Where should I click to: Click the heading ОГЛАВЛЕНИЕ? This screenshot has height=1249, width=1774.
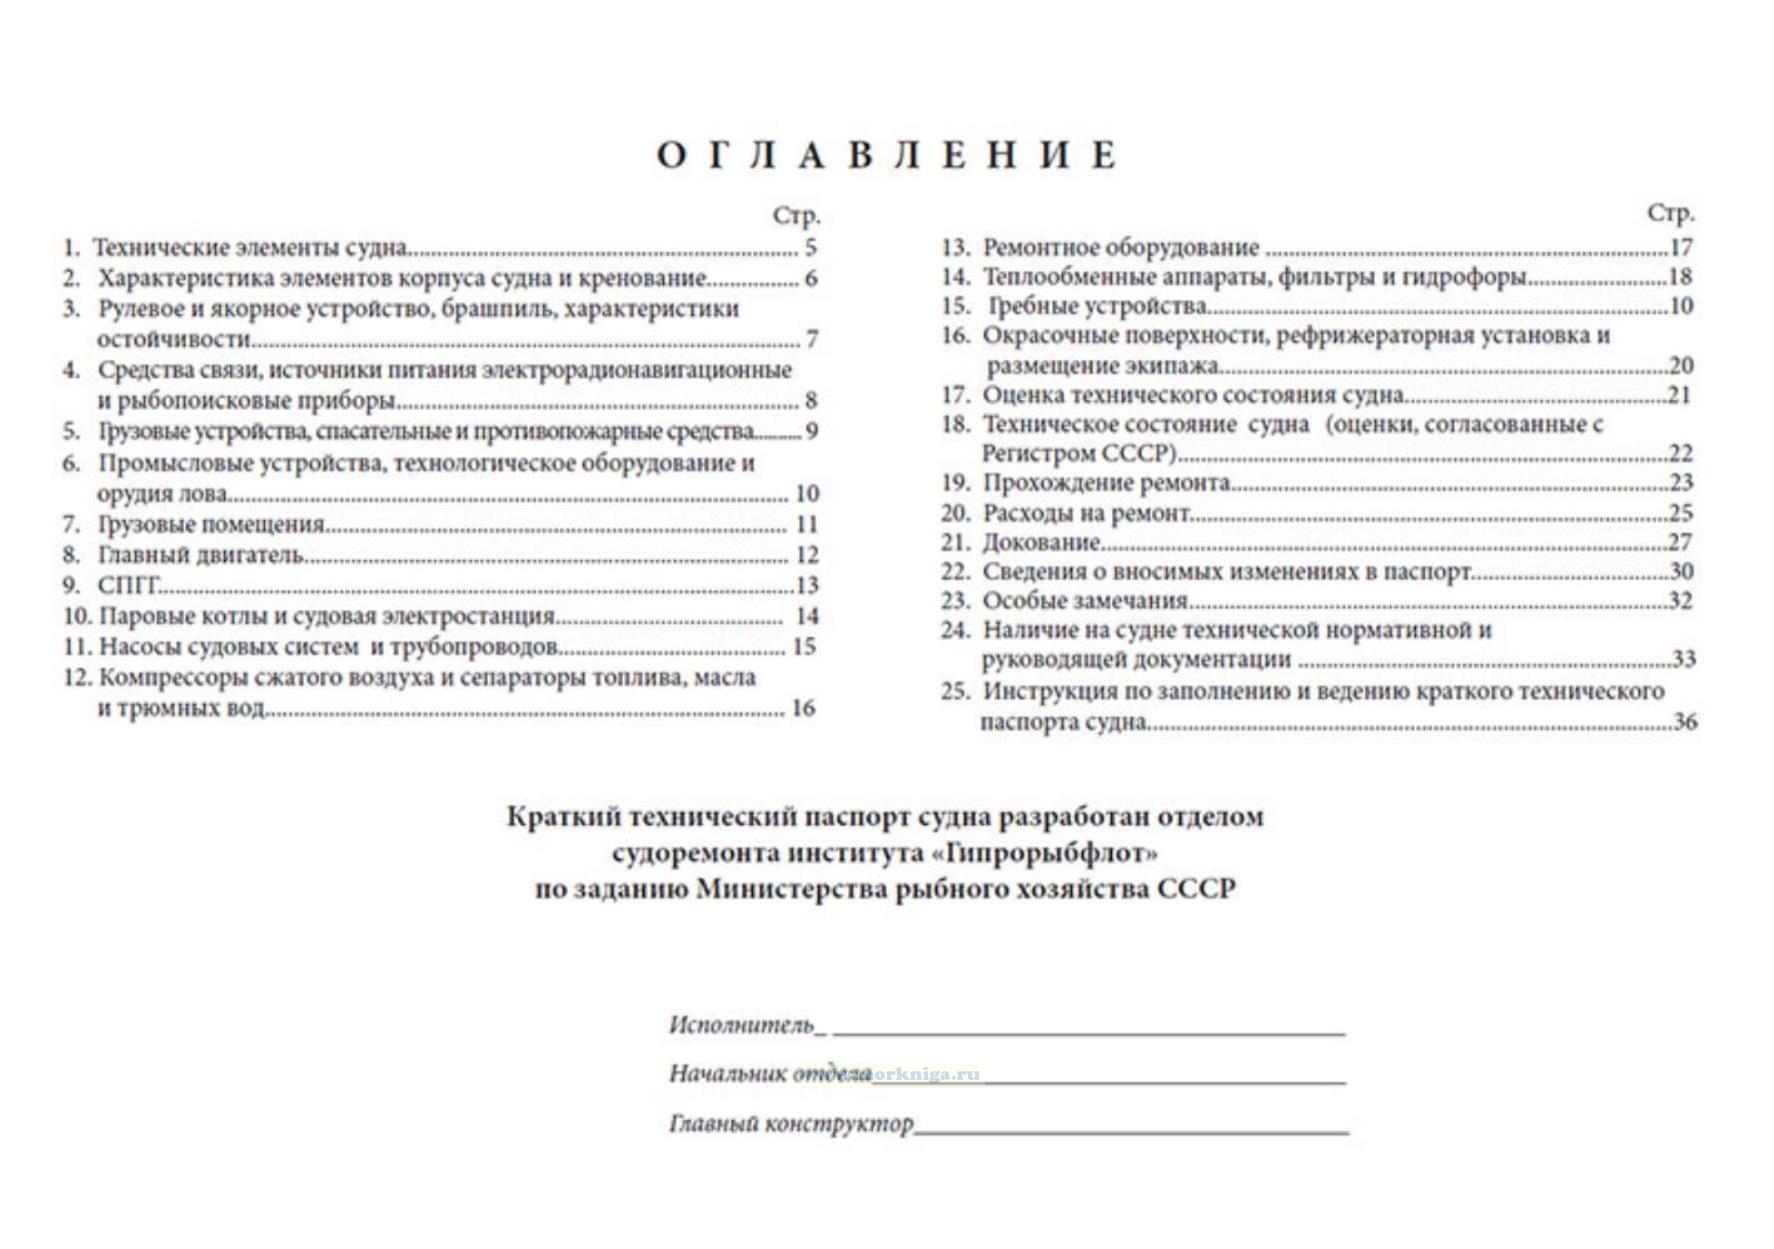[886, 156]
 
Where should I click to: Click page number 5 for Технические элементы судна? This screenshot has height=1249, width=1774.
[810, 248]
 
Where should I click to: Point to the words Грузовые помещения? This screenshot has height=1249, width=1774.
[211, 524]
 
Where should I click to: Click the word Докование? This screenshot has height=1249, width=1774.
[1041, 542]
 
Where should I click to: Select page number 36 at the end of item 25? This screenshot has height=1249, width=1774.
[1684, 721]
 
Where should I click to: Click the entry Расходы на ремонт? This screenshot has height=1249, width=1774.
[1087, 513]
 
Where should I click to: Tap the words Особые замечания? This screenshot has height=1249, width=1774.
[1085, 601]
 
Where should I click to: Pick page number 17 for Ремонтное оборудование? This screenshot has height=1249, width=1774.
[1681, 247]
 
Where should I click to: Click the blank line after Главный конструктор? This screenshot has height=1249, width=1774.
[1131, 1127]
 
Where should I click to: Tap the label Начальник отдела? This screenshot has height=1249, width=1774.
[770, 1074]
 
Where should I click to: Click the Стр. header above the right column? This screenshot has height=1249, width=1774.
[1670, 213]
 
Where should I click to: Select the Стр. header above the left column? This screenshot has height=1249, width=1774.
[796, 215]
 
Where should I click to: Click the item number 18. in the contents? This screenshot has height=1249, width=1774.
[955, 424]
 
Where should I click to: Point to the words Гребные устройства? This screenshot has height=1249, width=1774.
[1097, 306]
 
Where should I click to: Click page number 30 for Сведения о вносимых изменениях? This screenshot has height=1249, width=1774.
[1681, 571]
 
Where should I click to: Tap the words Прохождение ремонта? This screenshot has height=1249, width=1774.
[1106, 483]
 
